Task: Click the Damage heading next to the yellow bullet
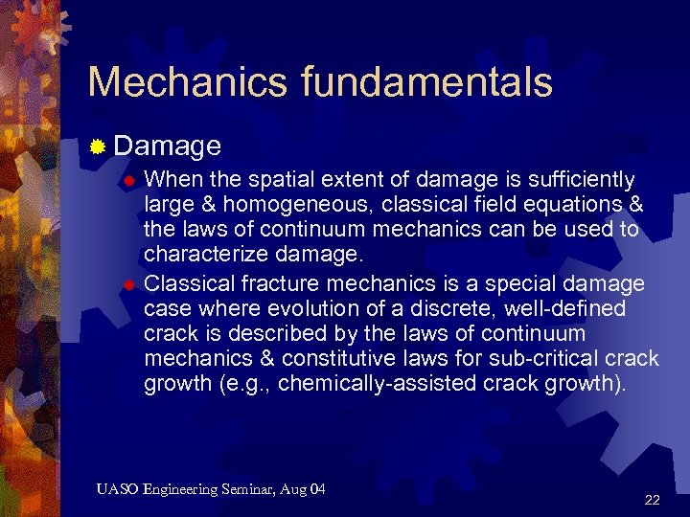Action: (x=168, y=146)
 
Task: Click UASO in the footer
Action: (x=117, y=490)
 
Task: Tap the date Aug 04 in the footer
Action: (x=305, y=490)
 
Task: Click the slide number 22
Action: (x=653, y=500)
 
